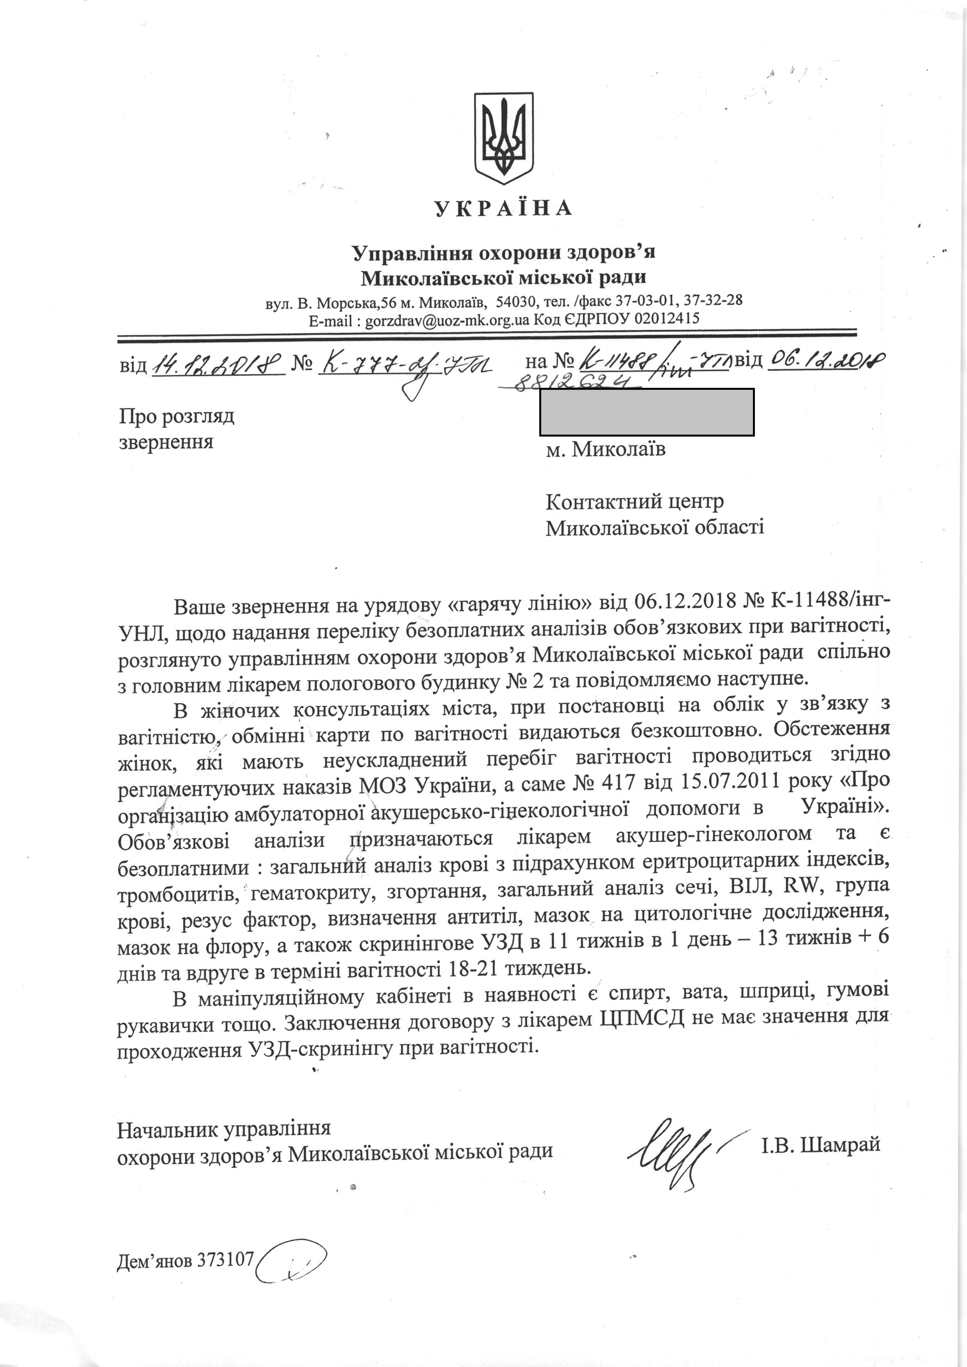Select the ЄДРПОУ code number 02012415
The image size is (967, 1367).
667,318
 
